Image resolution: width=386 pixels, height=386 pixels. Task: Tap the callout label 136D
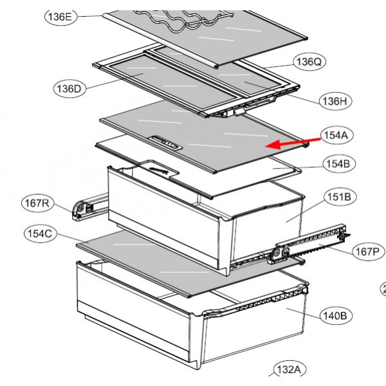[68, 88]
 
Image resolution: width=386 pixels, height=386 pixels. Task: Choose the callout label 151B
[339, 197]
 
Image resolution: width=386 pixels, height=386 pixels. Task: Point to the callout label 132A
[289, 370]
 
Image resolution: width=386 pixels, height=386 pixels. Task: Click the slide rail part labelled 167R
[87, 207]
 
